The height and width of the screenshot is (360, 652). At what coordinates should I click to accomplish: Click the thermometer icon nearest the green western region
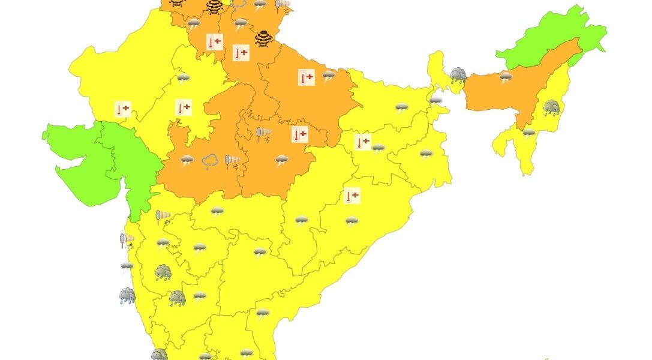coord(122,109)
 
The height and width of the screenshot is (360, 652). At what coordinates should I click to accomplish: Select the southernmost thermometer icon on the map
coord(352,196)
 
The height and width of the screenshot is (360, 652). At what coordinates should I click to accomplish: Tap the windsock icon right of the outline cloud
coord(232,161)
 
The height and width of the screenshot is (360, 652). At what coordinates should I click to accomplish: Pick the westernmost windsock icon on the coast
coord(127,241)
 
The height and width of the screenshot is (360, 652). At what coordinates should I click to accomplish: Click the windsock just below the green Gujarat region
coord(163,217)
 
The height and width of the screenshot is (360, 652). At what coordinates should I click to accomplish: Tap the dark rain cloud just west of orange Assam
coord(458,75)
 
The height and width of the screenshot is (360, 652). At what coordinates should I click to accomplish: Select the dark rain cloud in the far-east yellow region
coord(552,108)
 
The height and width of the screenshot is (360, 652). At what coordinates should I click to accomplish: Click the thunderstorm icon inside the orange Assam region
coord(506,76)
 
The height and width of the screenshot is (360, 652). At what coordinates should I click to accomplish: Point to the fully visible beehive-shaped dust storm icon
coord(263,38)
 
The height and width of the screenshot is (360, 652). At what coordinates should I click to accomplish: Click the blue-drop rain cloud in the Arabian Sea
coord(127,296)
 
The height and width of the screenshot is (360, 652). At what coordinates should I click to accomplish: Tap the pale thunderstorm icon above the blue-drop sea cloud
coord(127,266)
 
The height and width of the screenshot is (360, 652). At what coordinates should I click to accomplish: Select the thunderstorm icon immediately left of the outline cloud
coord(187,160)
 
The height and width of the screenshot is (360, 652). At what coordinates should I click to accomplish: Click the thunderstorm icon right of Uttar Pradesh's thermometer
coord(329,76)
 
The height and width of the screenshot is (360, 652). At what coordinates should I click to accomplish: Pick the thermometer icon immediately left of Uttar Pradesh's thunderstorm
coord(307,77)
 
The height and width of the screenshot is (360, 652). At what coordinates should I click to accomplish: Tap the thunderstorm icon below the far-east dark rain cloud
coord(528,133)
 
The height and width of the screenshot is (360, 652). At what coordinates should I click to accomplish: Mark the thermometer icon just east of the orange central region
coord(363,142)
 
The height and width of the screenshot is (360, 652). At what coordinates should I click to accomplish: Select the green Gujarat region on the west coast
coord(102,162)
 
